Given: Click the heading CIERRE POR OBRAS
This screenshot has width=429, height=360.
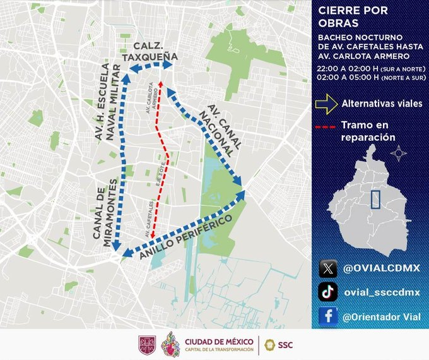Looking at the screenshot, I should click(348, 17).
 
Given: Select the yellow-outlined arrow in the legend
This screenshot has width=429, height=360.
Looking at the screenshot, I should click(326, 104).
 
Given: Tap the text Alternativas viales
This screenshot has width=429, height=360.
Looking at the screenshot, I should click(382, 104).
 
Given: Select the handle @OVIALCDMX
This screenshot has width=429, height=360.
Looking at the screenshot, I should click(380, 268).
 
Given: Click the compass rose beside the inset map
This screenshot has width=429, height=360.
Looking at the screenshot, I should click(398, 153).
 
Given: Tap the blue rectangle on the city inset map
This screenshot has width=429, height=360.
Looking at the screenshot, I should click(376, 200).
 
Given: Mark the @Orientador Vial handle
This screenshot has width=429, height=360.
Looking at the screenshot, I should click(384, 316).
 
